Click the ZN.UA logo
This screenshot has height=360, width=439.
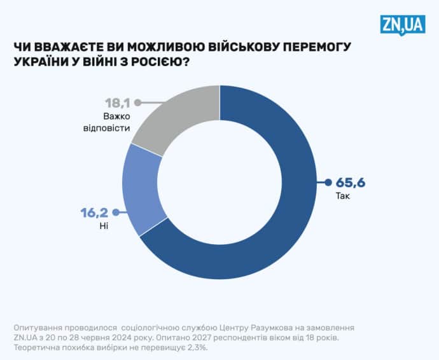(x=402, y=25)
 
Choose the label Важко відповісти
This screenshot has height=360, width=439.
(x=116, y=121)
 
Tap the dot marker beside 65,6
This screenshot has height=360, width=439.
(x=328, y=183)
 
